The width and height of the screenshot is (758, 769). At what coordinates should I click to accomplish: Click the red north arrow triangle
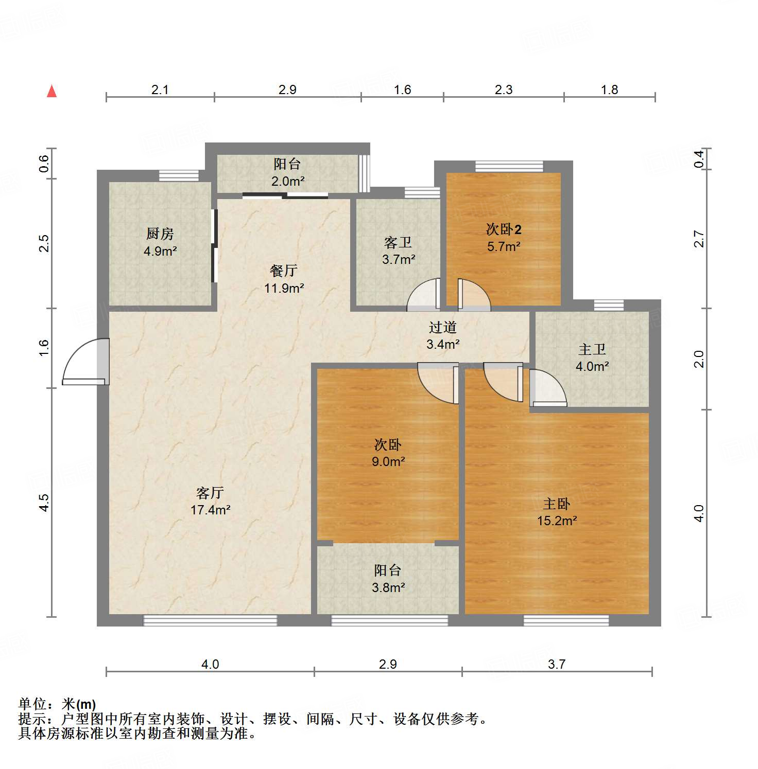point(51,91)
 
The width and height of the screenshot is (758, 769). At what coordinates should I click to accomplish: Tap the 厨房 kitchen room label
point(160,234)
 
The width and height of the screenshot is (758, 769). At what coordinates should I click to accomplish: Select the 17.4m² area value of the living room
point(210,510)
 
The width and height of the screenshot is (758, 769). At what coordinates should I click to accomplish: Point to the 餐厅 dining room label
point(284,271)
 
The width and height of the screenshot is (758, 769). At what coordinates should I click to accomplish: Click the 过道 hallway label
point(442,327)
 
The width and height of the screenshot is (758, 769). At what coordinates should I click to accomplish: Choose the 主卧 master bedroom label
point(557,504)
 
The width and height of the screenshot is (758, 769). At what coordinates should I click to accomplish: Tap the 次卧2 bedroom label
point(504,229)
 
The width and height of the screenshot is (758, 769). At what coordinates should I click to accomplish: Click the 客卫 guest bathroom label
point(398,242)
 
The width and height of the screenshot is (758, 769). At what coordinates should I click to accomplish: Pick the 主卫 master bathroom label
point(592,350)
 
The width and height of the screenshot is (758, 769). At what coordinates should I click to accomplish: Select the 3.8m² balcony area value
point(388,587)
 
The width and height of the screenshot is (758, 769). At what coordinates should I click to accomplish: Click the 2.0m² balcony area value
point(288,181)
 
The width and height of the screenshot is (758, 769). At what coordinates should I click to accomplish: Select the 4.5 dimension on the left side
point(44,502)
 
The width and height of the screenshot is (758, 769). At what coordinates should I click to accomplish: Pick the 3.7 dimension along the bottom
point(557,664)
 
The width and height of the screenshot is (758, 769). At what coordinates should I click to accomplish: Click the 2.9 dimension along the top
point(287,90)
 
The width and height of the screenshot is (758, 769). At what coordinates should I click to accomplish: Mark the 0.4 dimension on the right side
point(699,158)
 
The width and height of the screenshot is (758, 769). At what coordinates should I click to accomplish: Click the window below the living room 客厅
point(210,620)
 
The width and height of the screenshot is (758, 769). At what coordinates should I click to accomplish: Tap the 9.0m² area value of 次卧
point(388,461)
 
